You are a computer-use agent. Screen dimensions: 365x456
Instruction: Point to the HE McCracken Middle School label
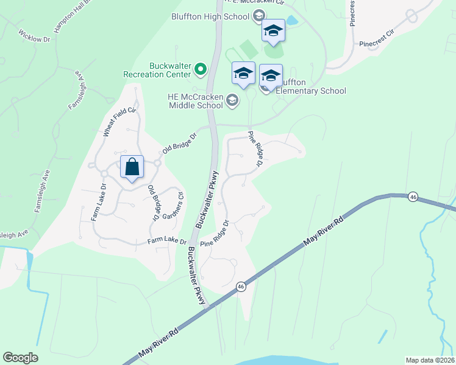[195, 100]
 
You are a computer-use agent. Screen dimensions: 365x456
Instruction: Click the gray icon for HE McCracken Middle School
[232, 100]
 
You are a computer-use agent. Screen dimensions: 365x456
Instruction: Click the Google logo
[20, 358]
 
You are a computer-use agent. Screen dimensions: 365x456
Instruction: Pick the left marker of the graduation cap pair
[243, 74]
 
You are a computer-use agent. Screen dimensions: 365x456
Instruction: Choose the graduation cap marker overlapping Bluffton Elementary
[271, 77]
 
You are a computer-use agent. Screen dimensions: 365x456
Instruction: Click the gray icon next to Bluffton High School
[258, 16]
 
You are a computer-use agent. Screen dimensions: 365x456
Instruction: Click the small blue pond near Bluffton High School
[292, 21]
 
